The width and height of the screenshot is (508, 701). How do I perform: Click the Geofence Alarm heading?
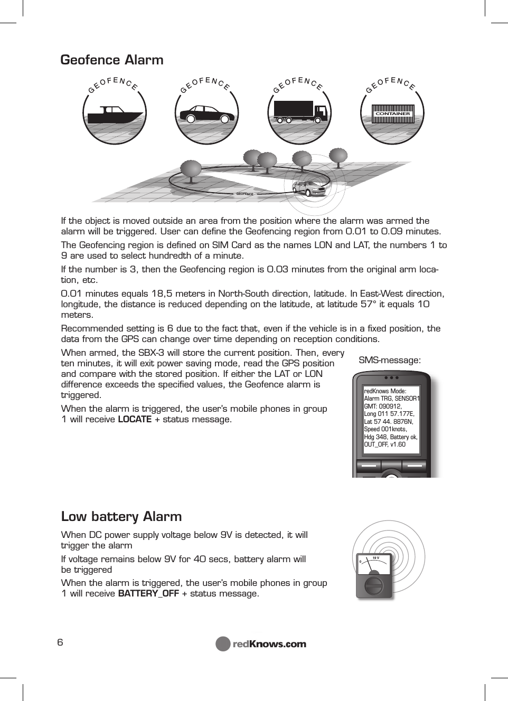pyautogui.click(x=112, y=60)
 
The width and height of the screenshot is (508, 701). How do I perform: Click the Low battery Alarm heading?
pyautogui.click(x=121, y=516)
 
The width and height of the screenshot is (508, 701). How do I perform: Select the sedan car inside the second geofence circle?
pyautogui.click(x=206, y=114)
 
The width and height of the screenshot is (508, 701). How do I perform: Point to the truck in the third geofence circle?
pyautogui.click(x=300, y=112)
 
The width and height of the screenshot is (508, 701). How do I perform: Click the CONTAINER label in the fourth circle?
pyautogui.click(x=392, y=113)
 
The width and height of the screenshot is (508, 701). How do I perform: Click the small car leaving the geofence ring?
pyautogui.click(x=309, y=187)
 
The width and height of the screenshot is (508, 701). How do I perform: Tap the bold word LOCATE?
pyautogui.click(x=135, y=420)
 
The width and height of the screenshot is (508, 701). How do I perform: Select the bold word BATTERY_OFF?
pyautogui.click(x=148, y=594)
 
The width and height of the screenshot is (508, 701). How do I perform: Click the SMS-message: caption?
pyautogui.click(x=390, y=361)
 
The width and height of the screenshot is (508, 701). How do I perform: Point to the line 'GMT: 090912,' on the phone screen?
pyautogui.click(x=383, y=406)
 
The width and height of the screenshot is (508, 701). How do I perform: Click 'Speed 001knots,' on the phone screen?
pyautogui.click(x=385, y=429)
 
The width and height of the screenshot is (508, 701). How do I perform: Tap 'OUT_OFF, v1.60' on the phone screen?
pyautogui.click(x=384, y=444)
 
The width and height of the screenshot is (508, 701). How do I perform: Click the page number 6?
pyautogui.click(x=60, y=642)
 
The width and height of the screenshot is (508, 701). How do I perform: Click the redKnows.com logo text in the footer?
pyautogui.click(x=269, y=644)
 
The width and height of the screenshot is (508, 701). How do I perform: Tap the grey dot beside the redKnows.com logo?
pyautogui.click(x=223, y=644)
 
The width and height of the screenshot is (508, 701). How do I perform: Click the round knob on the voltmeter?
pyautogui.click(x=374, y=586)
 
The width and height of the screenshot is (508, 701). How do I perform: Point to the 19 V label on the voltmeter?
pyautogui.click(x=376, y=557)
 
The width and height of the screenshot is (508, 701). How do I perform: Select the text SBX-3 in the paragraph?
pyautogui.click(x=151, y=353)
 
